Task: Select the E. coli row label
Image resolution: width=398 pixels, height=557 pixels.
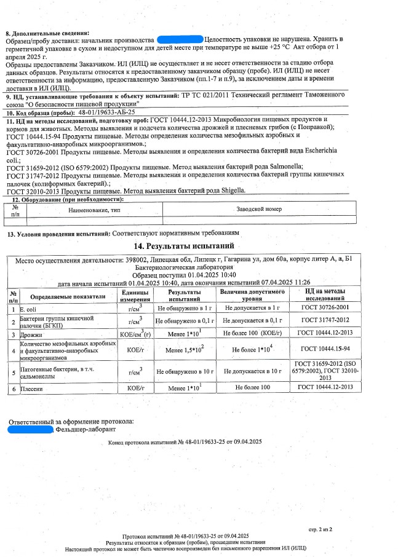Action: pos(29,307)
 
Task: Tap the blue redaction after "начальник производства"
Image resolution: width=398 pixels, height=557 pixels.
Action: pos(180,39)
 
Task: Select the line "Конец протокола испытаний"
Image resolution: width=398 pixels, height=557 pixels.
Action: pos(185,443)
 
